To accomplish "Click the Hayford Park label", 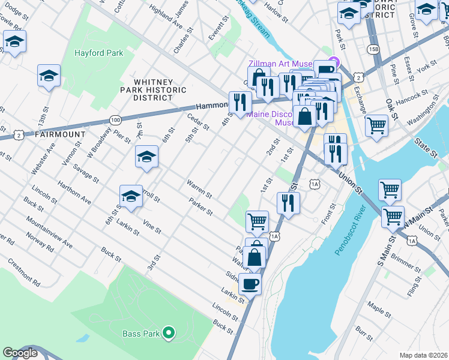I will point(98,53).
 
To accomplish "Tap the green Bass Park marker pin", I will point(169,332).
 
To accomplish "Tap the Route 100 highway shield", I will point(115,120).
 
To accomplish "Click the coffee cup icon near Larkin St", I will point(250,283).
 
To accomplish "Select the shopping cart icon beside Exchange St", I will point(376,125).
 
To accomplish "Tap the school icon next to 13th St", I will point(49,76).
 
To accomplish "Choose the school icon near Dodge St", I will point(14,41).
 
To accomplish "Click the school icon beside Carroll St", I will point(130,196).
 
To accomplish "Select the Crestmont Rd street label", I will point(24,272).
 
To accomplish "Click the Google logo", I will point(20,353).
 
